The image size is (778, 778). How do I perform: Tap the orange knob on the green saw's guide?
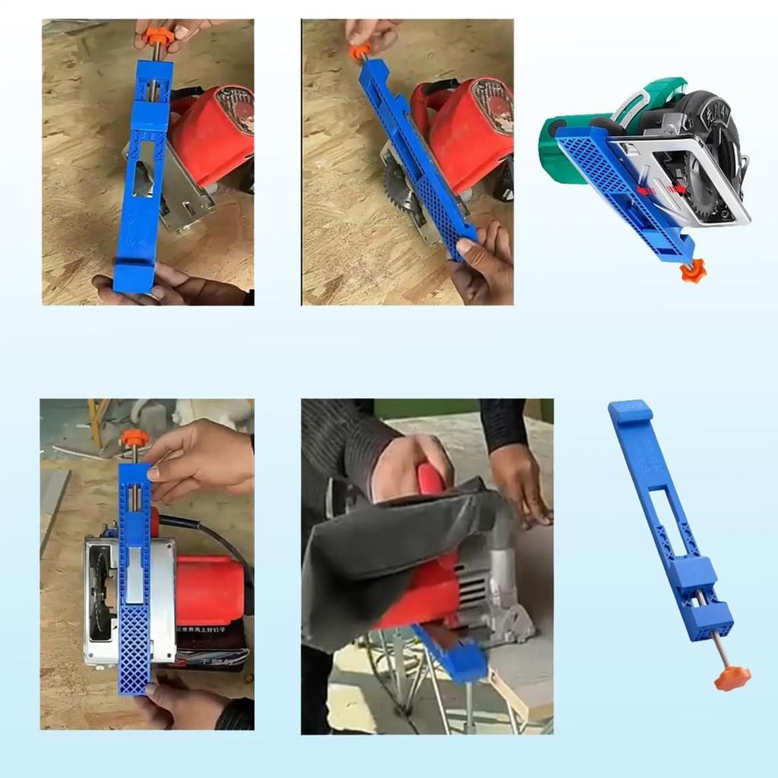tap(693, 270)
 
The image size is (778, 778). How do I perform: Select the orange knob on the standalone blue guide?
tap(732, 678)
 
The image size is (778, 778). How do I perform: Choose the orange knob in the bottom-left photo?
tap(134, 438)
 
